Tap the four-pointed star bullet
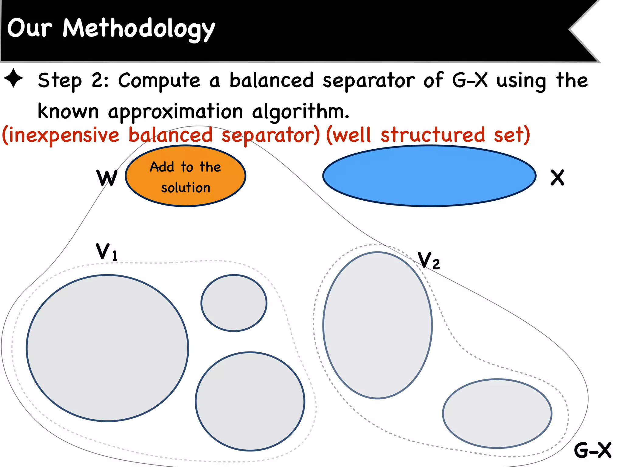(13, 78)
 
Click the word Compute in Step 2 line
(159, 81)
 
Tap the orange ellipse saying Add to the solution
(185, 176)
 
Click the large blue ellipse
(429, 176)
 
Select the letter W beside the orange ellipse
(106, 178)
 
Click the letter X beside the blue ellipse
(557, 178)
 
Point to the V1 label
(106, 252)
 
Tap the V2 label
(428, 261)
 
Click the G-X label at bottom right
(592, 450)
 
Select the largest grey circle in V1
(107, 348)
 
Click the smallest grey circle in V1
(234, 303)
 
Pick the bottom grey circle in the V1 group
(250, 401)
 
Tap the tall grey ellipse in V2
(377, 325)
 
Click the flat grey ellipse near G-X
(497, 413)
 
